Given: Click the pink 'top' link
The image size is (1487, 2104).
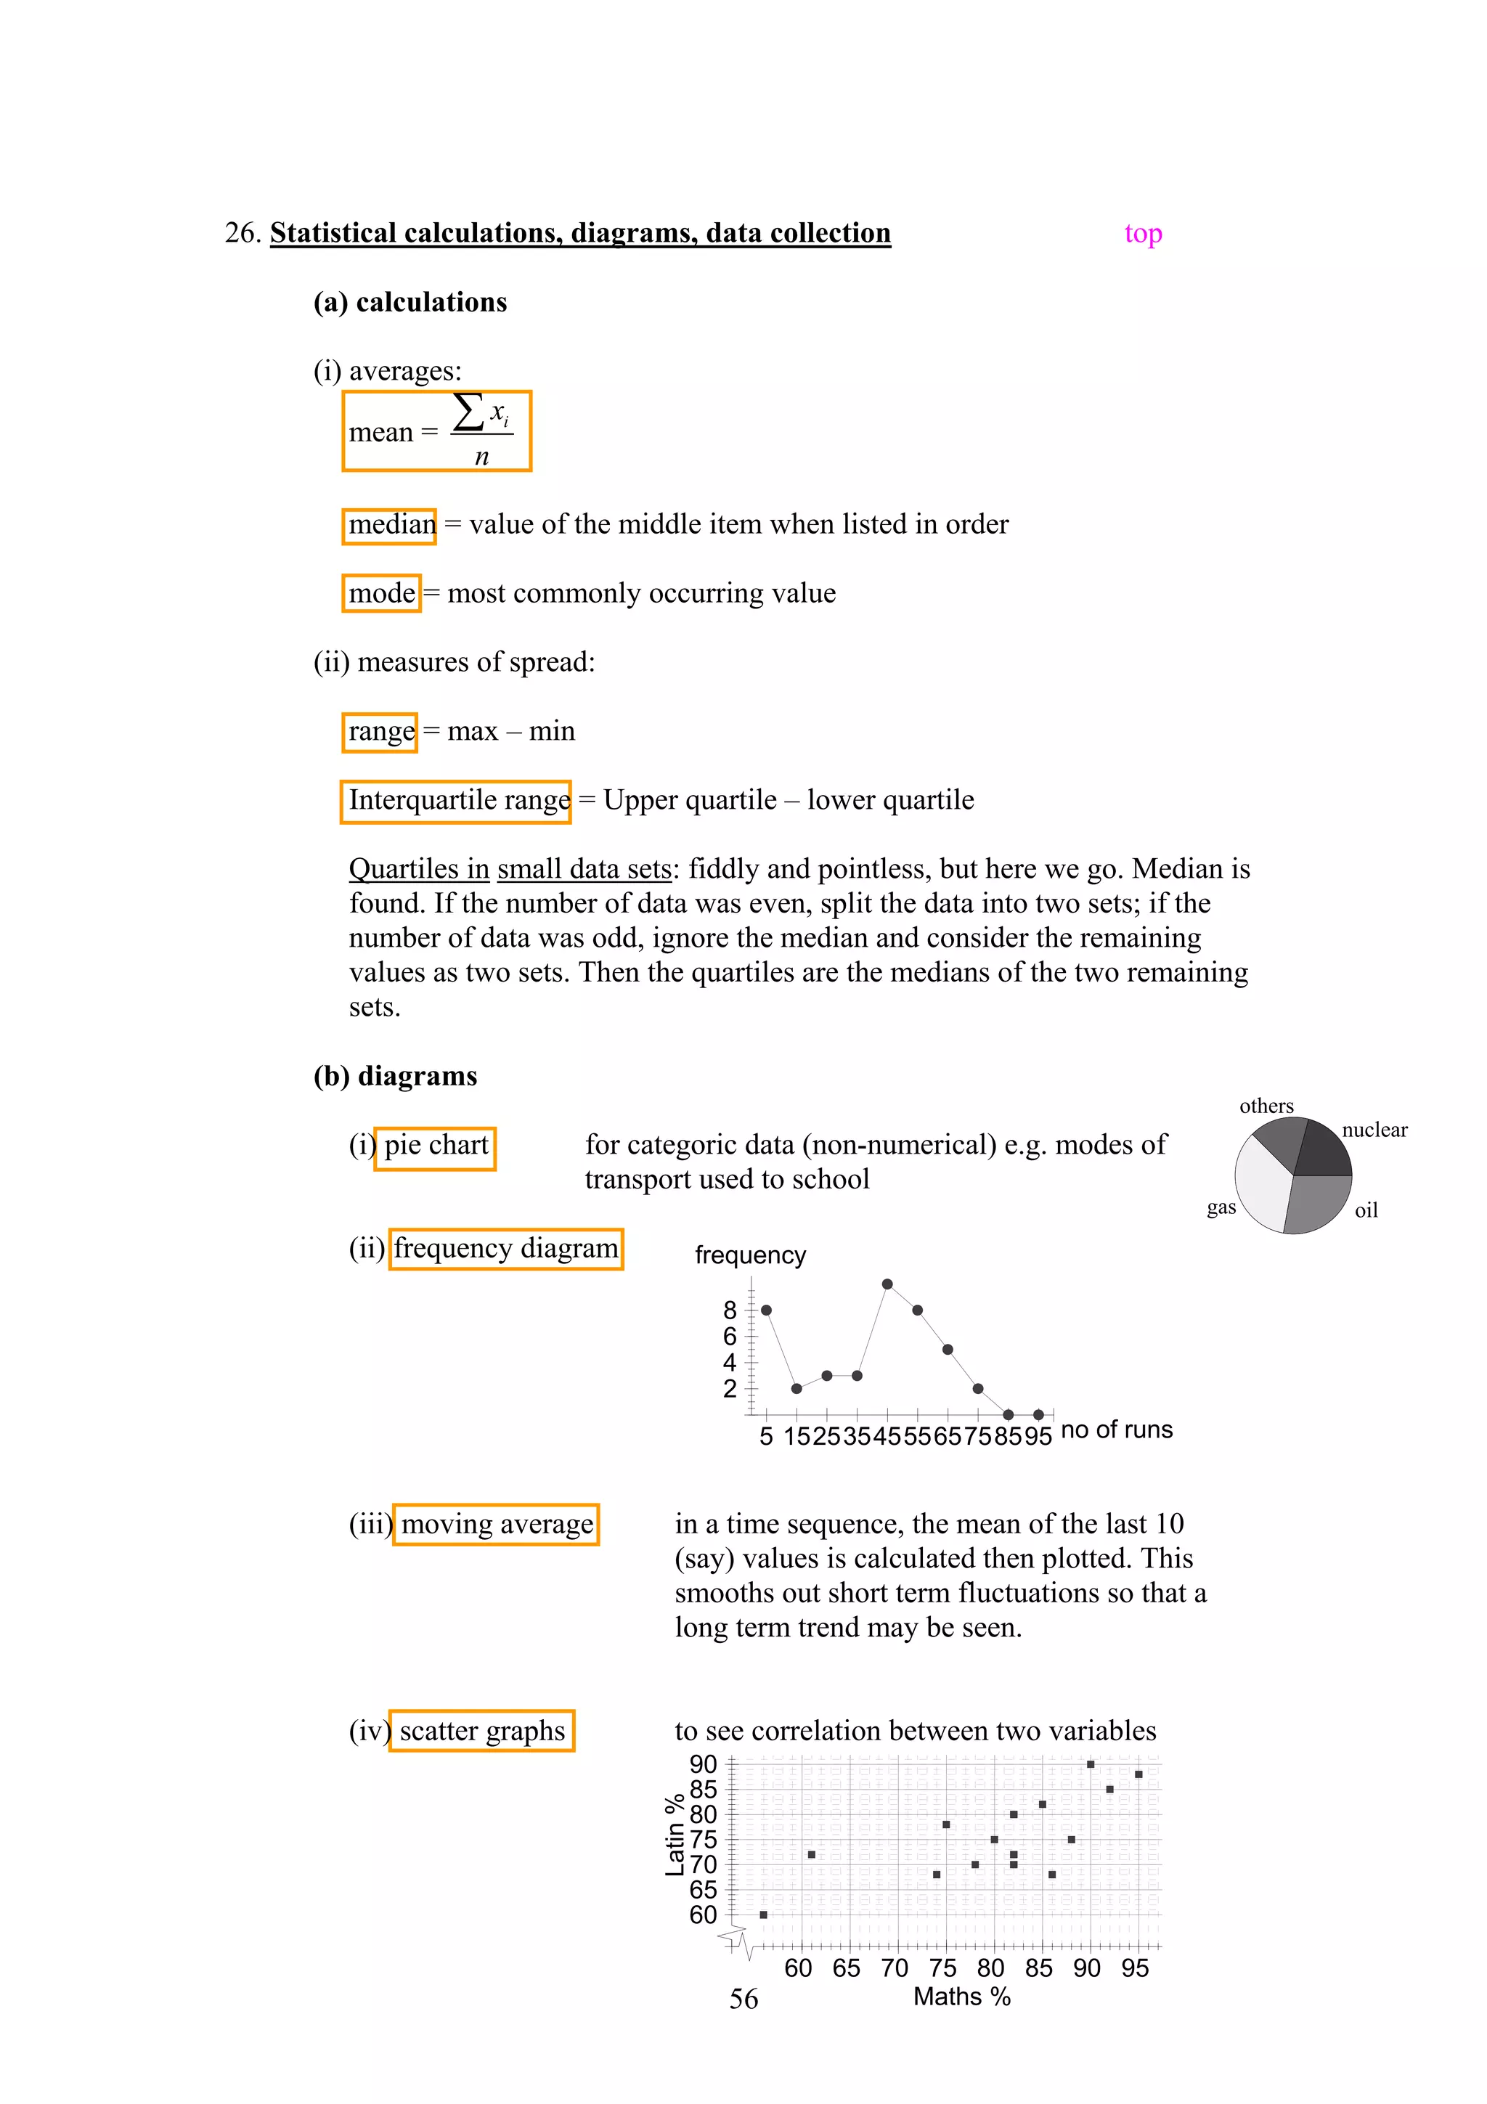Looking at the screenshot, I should click(1143, 234).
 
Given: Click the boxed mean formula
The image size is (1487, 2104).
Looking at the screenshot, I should click(436, 431).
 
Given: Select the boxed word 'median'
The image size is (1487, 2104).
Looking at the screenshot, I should click(389, 525).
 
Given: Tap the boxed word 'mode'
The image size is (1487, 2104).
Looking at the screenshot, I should click(382, 593).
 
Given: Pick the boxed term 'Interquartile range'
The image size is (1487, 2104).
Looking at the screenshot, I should click(456, 800).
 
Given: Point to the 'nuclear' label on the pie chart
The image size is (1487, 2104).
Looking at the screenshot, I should click(1374, 1130).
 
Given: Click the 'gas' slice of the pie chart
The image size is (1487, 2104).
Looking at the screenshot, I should click(1263, 1188).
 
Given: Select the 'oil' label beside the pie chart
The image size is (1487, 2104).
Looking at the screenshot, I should click(1365, 1210).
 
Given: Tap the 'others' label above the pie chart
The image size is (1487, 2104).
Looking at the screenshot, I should click(1266, 1106).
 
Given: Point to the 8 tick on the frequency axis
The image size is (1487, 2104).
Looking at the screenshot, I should click(730, 1310).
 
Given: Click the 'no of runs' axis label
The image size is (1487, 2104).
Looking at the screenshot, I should click(1116, 1429).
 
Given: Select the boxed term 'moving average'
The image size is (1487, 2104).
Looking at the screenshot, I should click(497, 1524).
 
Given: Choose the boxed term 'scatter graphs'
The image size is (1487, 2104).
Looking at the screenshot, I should click(482, 1730).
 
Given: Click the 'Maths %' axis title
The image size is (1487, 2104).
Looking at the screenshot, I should click(961, 1996).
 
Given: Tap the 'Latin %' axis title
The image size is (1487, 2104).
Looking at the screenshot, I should click(675, 1835).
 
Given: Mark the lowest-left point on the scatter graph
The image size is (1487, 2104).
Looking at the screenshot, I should click(763, 1915).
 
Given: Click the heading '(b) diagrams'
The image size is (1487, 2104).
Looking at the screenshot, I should click(395, 1076).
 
